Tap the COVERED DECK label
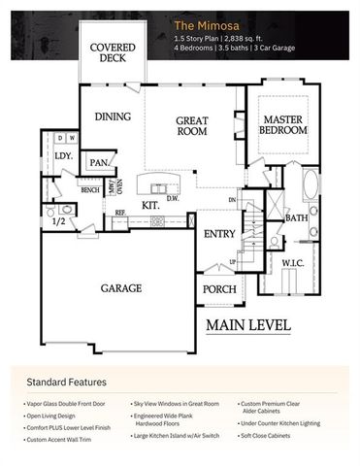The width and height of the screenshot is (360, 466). click(x=112, y=52)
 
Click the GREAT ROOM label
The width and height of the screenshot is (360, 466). click(x=192, y=126)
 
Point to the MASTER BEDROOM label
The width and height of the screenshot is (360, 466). click(x=286, y=125)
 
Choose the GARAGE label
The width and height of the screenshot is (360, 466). click(x=121, y=288)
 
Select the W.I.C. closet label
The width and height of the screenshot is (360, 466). click(x=293, y=262)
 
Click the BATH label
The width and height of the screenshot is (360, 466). click(x=296, y=218)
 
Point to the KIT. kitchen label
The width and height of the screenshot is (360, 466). click(x=151, y=206)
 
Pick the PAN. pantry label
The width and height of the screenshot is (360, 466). click(x=99, y=163)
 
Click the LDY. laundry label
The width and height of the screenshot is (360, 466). click(x=64, y=155)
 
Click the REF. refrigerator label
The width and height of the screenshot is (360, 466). click(x=120, y=213)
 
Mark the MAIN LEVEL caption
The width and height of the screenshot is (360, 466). click(x=247, y=324)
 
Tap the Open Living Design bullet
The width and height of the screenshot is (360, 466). click(x=56, y=412)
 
